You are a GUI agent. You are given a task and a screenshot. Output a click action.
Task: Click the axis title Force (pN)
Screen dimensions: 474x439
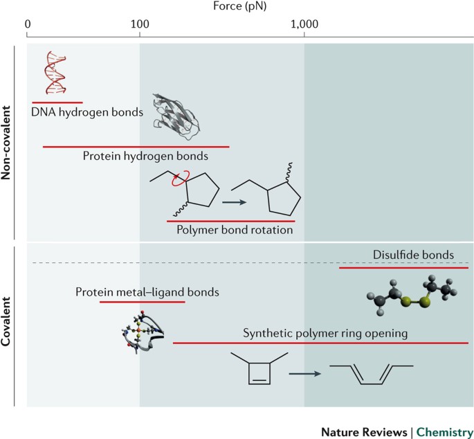239,6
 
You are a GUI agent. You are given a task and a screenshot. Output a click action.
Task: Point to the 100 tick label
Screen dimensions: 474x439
140,24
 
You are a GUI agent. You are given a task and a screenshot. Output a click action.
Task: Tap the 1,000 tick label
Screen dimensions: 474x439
304,24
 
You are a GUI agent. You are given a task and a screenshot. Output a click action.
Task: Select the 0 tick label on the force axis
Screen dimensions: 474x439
28,24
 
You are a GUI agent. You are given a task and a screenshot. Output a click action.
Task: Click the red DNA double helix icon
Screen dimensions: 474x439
55,73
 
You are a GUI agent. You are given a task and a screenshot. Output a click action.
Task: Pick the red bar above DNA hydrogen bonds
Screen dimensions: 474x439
57,102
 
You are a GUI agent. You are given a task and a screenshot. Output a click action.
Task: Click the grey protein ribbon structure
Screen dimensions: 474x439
176,116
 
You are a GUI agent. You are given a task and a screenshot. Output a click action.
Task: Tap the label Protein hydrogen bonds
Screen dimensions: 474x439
145,156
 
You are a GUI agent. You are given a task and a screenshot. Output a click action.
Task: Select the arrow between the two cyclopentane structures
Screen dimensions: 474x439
235,202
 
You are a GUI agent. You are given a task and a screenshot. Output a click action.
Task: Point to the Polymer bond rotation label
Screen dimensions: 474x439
235,230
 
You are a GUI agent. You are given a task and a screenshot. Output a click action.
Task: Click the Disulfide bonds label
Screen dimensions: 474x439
413,255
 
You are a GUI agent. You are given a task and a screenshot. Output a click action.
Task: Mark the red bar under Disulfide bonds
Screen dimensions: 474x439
403,268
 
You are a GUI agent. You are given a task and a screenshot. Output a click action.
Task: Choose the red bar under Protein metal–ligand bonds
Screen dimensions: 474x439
142,302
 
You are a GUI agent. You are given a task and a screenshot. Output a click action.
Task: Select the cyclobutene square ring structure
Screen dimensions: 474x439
259,374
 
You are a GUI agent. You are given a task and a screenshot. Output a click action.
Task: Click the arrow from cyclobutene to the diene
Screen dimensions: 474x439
304,374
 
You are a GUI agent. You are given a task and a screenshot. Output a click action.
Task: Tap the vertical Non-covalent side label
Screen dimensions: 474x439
6,143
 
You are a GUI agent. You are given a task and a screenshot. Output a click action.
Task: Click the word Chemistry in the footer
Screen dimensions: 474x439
445,432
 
